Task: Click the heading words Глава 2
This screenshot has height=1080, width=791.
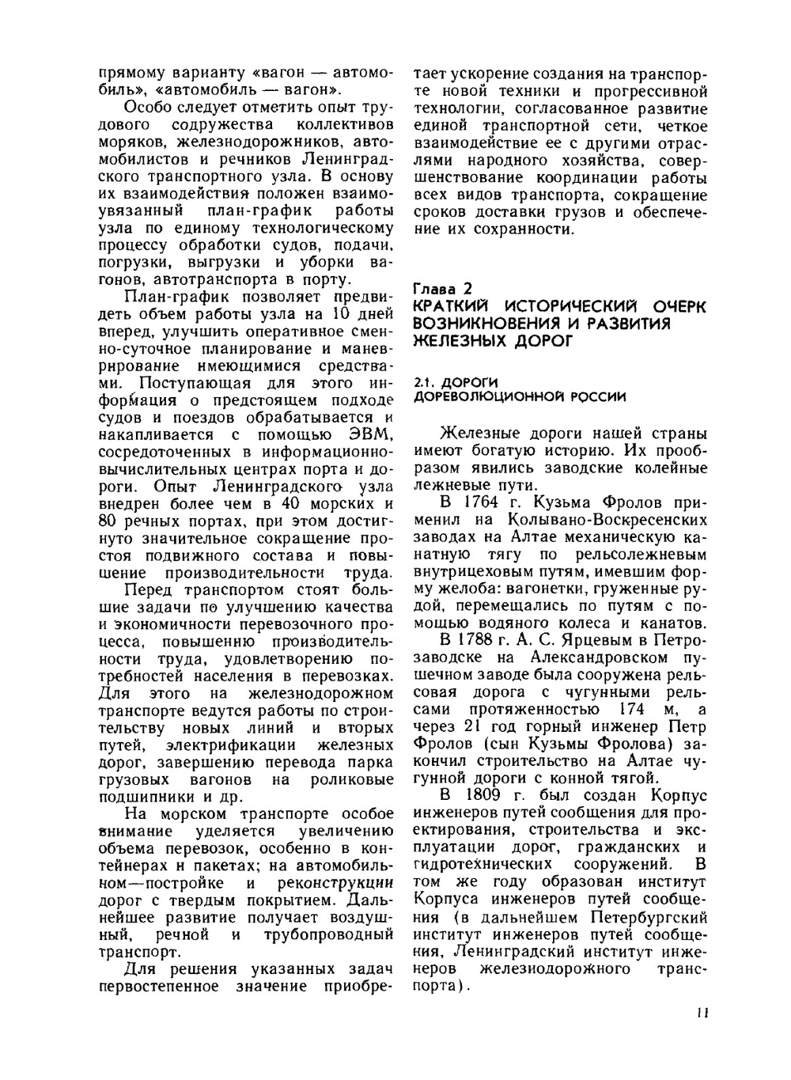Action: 443,290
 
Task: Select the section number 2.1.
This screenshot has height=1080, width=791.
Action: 424,382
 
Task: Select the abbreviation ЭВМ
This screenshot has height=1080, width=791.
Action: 371,434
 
